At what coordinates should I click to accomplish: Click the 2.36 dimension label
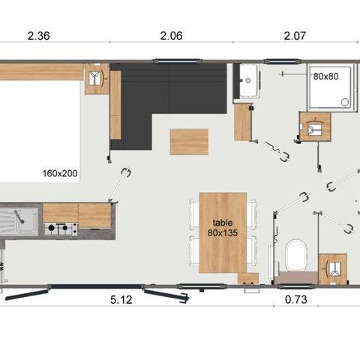pyautogui.click(x=39, y=36)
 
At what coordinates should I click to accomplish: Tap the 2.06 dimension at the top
pyautogui.click(x=171, y=36)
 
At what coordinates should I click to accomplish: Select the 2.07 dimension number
pyautogui.click(x=295, y=36)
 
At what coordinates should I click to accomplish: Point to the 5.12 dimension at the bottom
pyautogui.click(x=121, y=299)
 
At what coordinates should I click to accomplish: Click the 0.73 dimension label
pyautogui.click(x=296, y=299)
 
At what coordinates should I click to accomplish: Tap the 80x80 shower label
pyautogui.click(x=326, y=76)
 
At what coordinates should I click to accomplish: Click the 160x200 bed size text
pyautogui.click(x=60, y=173)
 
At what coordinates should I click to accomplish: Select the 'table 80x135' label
pyautogui.click(x=223, y=228)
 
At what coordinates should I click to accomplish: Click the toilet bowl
pyautogui.click(x=296, y=255)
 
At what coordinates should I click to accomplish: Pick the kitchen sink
pyautogui.click(x=19, y=221)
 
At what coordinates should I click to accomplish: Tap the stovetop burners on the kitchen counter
pyautogui.click(x=61, y=229)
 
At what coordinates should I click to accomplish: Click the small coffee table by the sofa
pyautogui.click(x=189, y=142)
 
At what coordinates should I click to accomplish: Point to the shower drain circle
pyautogui.click(x=345, y=102)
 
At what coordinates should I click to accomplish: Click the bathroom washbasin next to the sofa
pyautogui.click(x=248, y=80)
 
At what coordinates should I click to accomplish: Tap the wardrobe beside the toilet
pyautogui.click(x=333, y=268)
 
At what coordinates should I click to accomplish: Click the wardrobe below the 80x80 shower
pyautogui.click(x=315, y=126)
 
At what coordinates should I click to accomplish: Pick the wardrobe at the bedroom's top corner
pyautogui.click(x=97, y=79)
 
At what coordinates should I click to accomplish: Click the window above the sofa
pyautogui.click(x=177, y=61)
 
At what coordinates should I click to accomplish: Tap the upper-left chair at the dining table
pyautogui.click(x=193, y=214)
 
